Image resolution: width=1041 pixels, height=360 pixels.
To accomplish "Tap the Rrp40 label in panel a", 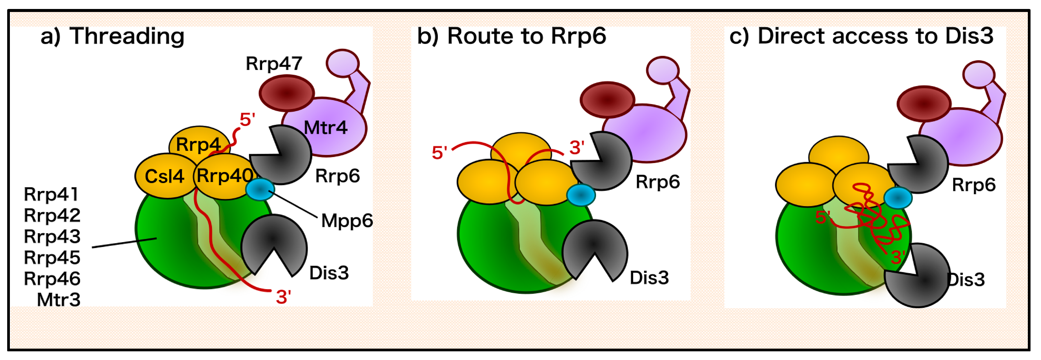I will point(225,176).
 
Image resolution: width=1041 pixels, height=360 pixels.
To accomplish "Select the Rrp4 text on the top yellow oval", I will point(198,145).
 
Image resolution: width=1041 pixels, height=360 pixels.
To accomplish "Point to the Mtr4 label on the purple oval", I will point(325,128).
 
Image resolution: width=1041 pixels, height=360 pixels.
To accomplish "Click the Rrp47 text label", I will point(274,63).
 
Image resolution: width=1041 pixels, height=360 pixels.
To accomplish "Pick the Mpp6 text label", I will point(347,221).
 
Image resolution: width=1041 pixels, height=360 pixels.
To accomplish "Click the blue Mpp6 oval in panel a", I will point(260,189).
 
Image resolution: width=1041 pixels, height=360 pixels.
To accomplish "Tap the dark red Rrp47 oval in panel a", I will point(287,93).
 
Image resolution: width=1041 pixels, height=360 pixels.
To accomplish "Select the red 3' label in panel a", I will point(283,297).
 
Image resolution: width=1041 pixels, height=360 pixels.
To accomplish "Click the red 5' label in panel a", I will point(247,120).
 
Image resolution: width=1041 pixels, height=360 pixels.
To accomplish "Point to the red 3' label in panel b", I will point(577,148).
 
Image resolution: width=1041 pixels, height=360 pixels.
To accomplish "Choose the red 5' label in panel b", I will point(439,153).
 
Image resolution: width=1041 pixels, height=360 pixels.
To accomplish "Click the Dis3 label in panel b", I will point(649,278).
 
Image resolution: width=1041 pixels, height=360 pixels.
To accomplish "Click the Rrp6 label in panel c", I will point(973,185).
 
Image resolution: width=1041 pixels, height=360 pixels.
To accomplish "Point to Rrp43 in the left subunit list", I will point(52,236).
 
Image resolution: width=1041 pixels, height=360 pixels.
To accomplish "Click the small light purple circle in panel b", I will point(662,70).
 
